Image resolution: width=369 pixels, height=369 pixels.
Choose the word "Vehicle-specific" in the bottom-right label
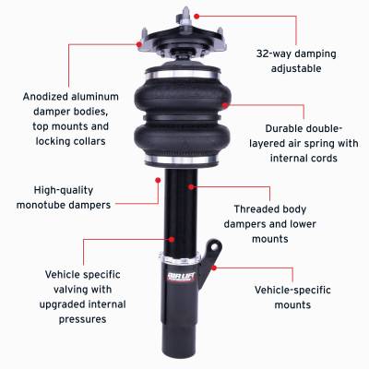290,289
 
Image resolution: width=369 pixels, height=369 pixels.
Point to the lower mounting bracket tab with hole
214,250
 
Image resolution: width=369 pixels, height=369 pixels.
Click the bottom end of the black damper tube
179,357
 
